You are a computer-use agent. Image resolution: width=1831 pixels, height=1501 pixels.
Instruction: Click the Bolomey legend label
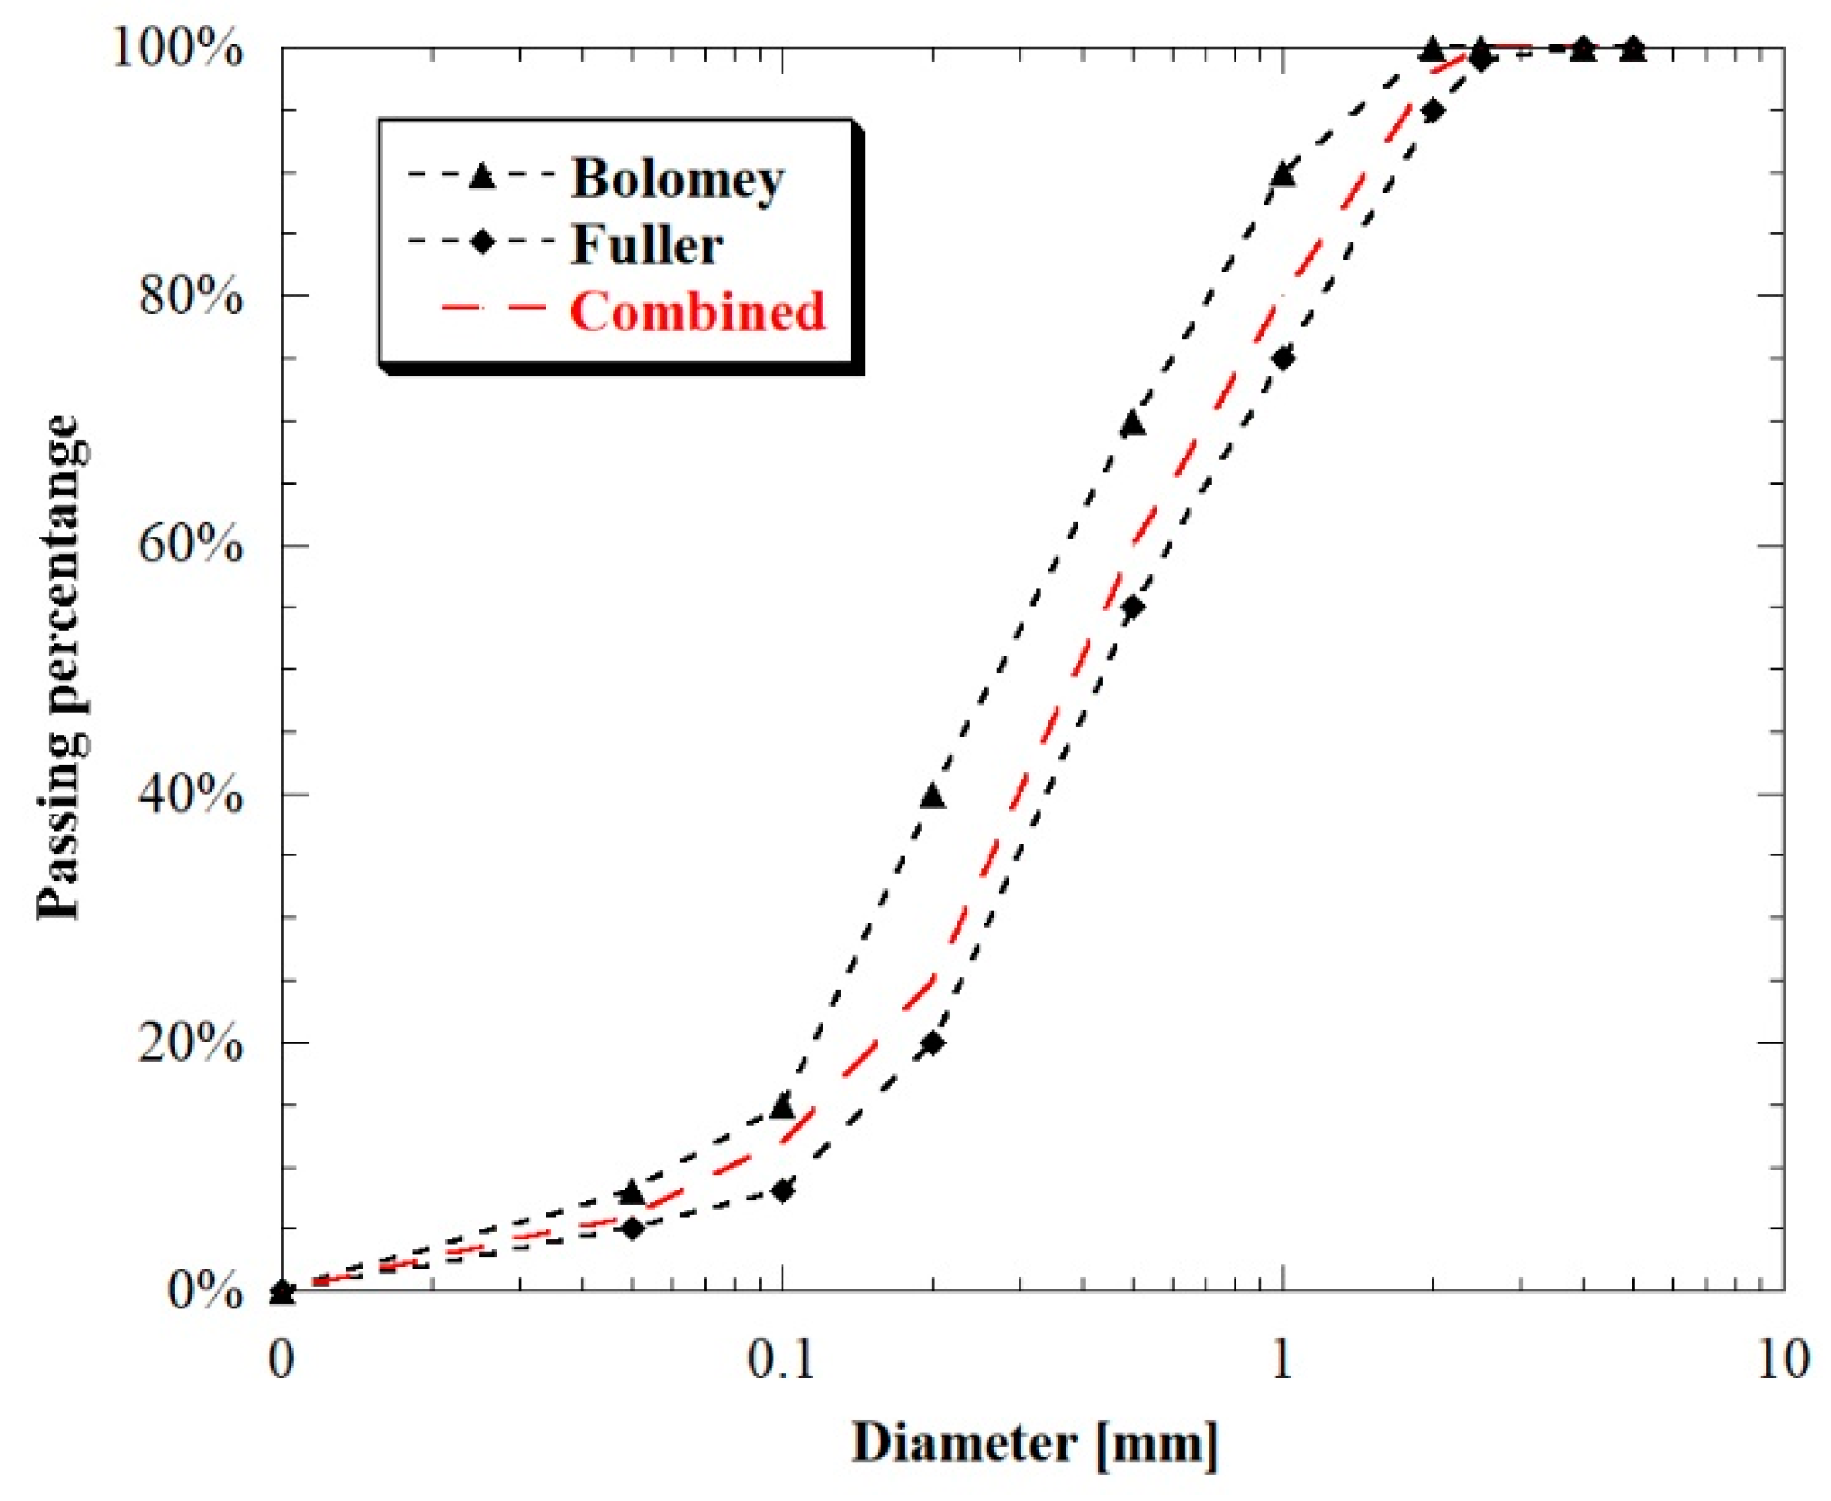[x=677, y=179]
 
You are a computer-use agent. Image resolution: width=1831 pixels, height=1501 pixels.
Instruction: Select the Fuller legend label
[x=646, y=244]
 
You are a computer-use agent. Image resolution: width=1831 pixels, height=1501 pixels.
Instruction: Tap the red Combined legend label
[x=697, y=311]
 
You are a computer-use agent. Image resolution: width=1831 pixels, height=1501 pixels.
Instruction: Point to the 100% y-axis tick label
[x=178, y=47]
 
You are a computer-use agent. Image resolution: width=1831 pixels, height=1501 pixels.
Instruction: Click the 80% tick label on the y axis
[x=191, y=296]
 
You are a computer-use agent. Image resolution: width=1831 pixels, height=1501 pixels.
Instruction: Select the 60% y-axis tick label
[x=191, y=545]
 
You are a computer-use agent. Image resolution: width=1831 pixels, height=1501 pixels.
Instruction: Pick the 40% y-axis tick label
[x=191, y=795]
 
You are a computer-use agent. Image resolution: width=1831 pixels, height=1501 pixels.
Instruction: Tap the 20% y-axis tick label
[x=191, y=1042]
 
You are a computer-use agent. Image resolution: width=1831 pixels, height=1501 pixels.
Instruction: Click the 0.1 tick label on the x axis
[x=781, y=1359]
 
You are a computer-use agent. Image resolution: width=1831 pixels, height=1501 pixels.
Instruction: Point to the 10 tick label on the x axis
[x=1783, y=1359]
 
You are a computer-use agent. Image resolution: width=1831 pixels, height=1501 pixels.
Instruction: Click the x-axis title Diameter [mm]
[x=1034, y=1443]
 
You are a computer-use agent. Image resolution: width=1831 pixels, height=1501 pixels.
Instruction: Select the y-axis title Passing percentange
[x=62, y=667]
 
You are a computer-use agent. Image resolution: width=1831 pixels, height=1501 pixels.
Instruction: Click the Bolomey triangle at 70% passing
[x=1132, y=423]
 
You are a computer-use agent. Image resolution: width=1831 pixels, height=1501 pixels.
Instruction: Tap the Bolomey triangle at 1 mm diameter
[x=1283, y=174]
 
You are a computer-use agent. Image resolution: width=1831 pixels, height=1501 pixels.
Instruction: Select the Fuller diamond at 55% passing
[x=1132, y=607]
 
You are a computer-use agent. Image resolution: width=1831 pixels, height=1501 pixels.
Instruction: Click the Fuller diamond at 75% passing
[x=1283, y=359]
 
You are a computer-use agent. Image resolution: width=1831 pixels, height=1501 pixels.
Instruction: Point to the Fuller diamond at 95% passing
[x=1432, y=111]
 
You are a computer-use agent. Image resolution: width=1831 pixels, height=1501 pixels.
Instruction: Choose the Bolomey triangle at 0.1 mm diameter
[x=782, y=1106]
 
